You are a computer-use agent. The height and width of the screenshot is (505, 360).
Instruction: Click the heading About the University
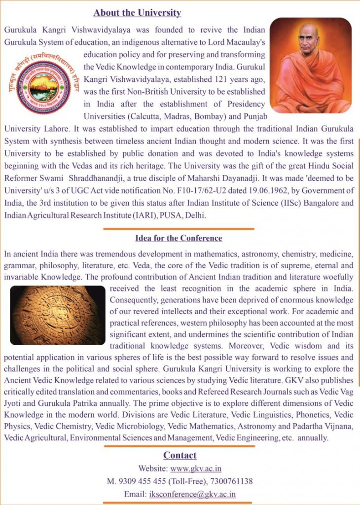tap(137, 13)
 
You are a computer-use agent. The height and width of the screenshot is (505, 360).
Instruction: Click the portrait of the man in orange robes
tap(311, 66)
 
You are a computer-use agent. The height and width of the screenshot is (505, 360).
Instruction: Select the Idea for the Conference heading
tap(179, 238)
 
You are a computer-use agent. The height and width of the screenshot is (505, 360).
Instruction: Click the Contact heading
tap(180, 455)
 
